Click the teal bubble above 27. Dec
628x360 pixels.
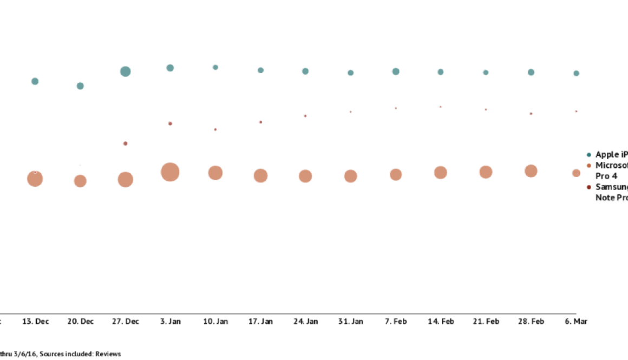[x=125, y=71]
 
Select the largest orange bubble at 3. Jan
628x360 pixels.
[x=170, y=172]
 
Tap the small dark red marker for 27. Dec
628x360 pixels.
[x=125, y=143]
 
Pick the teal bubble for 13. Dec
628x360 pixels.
[x=35, y=81]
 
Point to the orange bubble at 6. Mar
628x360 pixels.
[x=576, y=173]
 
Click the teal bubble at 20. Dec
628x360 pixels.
[x=80, y=86]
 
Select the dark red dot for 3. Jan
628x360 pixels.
[x=170, y=123]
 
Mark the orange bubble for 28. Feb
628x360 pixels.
[x=531, y=171]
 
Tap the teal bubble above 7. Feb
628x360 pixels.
[x=396, y=71]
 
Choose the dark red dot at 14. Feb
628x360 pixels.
[x=441, y=107]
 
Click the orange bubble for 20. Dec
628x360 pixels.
[x=80, y=181]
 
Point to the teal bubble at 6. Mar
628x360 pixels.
[x=576, y=73]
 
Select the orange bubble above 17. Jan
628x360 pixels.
[x=260, y=175]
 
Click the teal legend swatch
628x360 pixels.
[x=589, y=155]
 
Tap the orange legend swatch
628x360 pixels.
[x=589, y=166]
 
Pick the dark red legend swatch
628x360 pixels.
[x=589, y=187]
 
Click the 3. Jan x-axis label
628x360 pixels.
[x=170, y=322]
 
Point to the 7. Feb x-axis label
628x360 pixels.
[x=396, y=322]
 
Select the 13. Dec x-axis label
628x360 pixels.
[x=35, y=322]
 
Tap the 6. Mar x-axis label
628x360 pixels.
[x=576, y=322]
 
